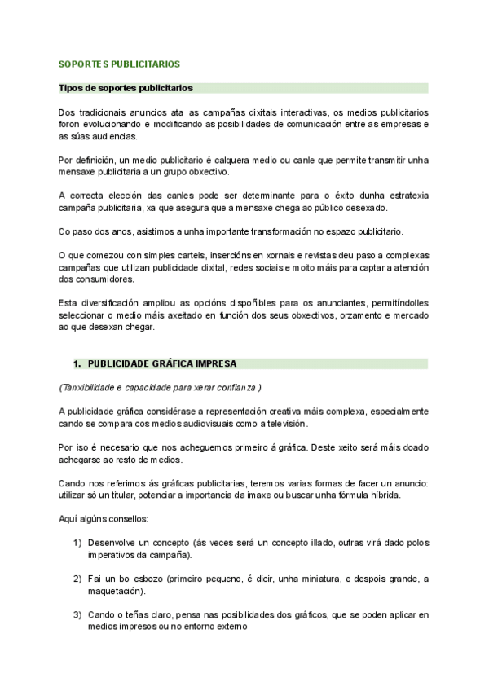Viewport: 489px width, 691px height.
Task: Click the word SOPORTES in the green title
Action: tap(86, 63)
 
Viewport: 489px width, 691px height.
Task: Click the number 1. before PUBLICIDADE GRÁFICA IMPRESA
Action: tap(77, 363)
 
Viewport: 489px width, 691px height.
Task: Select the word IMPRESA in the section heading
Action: tap(214, 363)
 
